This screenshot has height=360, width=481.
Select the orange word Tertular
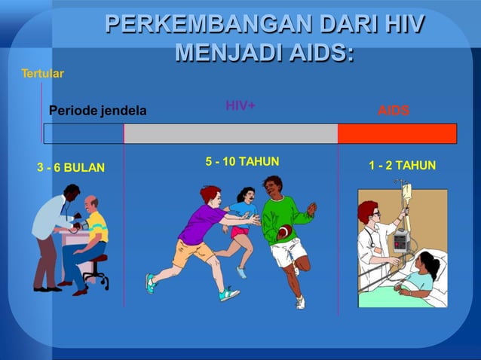(42, 73)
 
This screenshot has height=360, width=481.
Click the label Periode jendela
(97, 111)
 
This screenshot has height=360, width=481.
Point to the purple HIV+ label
(240, 106)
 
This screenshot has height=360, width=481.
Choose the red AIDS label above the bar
(394, 111)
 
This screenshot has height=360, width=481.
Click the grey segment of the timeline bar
(230, 133)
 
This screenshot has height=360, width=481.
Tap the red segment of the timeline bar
(397, 133)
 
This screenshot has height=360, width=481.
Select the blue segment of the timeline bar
(83, 133)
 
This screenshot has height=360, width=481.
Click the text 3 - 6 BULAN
(71, 167)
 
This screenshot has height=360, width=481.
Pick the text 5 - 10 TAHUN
(242, 161)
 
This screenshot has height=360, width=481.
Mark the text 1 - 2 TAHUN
(402, 165)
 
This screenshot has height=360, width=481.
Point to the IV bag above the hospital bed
(406, 193)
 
